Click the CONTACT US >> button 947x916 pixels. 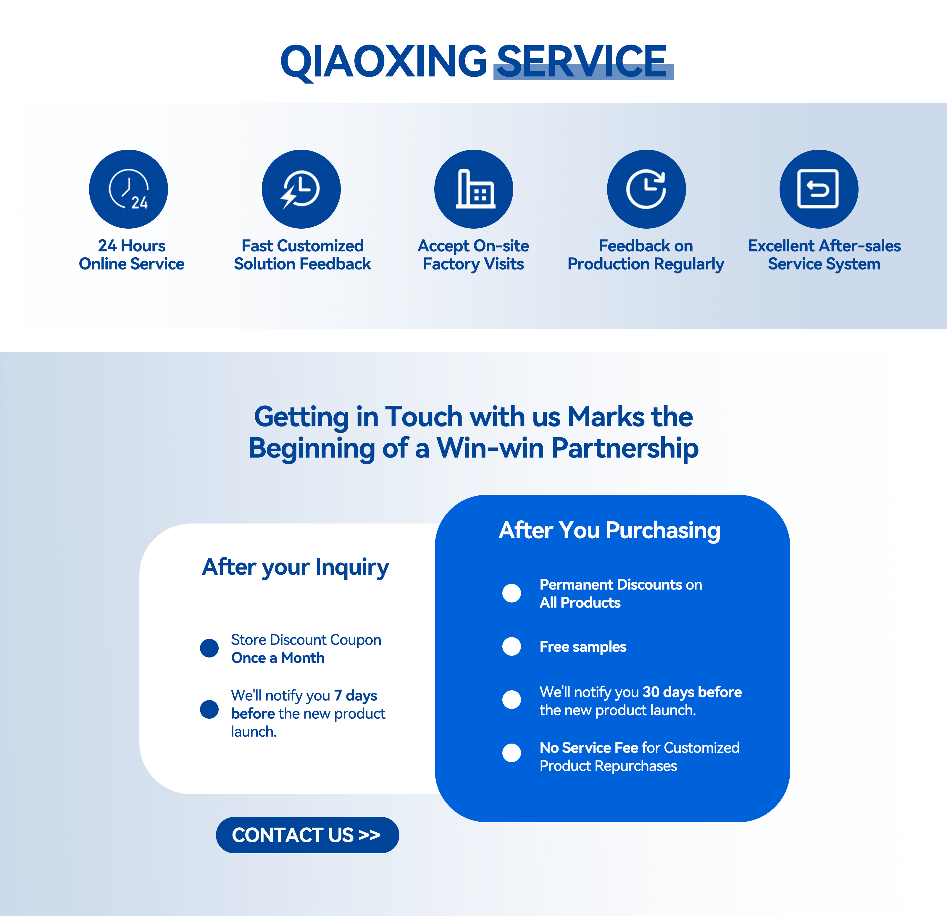(x=307, y=835)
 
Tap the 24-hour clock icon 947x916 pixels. (x=128, y=189)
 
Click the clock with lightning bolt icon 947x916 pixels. (x=301, y=189)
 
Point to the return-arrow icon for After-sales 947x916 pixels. (x=819, y=189)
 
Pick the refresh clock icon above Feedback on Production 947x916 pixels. (x=646, y=189)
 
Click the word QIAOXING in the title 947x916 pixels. (x=384, y=61)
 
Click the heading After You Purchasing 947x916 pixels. (x=609, y=531)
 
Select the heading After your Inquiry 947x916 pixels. (x=295, y=567)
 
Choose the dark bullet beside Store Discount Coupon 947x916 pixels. (x=209, y=648)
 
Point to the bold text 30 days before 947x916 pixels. (x=692, y=692)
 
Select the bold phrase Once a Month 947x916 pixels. (x=278, y=658)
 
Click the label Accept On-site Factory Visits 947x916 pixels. (x=473, y=255)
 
